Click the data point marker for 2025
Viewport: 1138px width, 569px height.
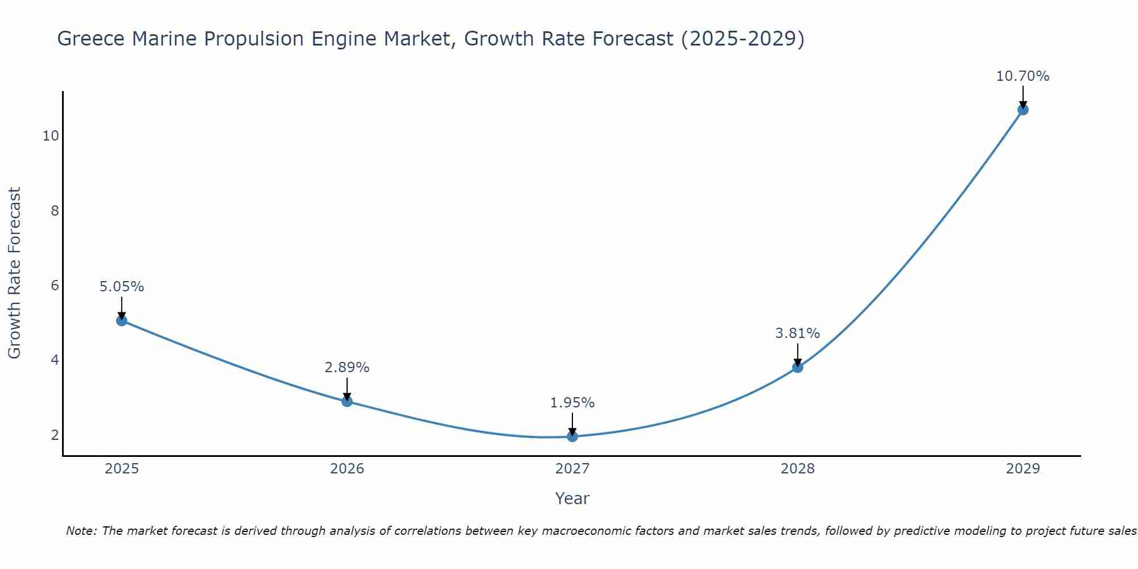coord(121,320)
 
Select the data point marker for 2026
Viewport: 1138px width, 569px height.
coord(347,401)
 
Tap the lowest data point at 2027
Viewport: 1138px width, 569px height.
coord(572,436)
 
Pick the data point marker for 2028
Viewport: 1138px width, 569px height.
coord(798,367)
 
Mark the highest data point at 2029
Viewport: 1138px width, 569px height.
coord(1023,110)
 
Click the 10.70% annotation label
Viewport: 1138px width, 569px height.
coord(1022,76)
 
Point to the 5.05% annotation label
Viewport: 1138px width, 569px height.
coord(122,287)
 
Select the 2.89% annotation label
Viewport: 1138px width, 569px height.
coord(347,368)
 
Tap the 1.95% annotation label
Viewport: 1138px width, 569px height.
coord(572,403)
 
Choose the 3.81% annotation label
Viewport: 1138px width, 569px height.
coord(798,333)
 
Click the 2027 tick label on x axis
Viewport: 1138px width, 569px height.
coord(572,469)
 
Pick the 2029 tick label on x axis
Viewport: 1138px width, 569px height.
coord(1023,469)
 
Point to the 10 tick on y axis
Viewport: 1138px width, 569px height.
coord(51,136)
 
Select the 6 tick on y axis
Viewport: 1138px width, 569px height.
coord(55,286)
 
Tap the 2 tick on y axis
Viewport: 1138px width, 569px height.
coord(55,435)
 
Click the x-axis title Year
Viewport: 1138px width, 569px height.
coord(572,498)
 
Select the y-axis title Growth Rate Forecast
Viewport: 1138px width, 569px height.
coord(14,273)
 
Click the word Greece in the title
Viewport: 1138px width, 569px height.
coord(90,39)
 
